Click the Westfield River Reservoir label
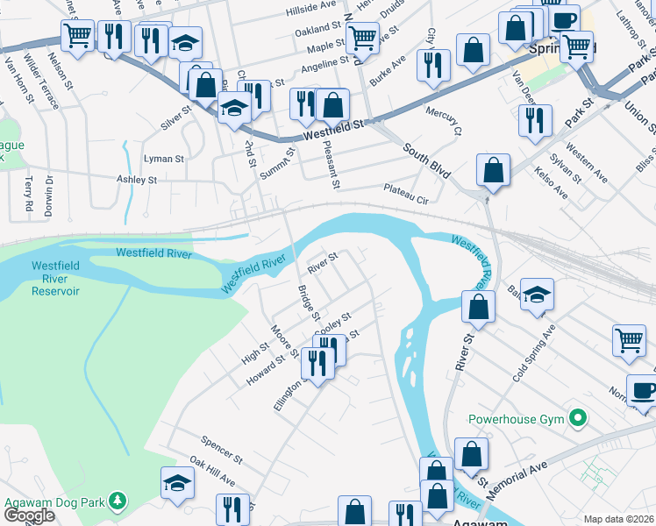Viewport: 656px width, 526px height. (x=56, y=278)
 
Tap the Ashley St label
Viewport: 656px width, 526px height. (x=136, y=179)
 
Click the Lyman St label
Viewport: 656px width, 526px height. (x=163, y=160)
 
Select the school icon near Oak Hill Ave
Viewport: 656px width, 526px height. (x=177, y=483)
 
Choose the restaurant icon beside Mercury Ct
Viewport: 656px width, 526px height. (x=434, y=65)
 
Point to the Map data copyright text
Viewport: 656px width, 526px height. (x=618, y=519)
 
